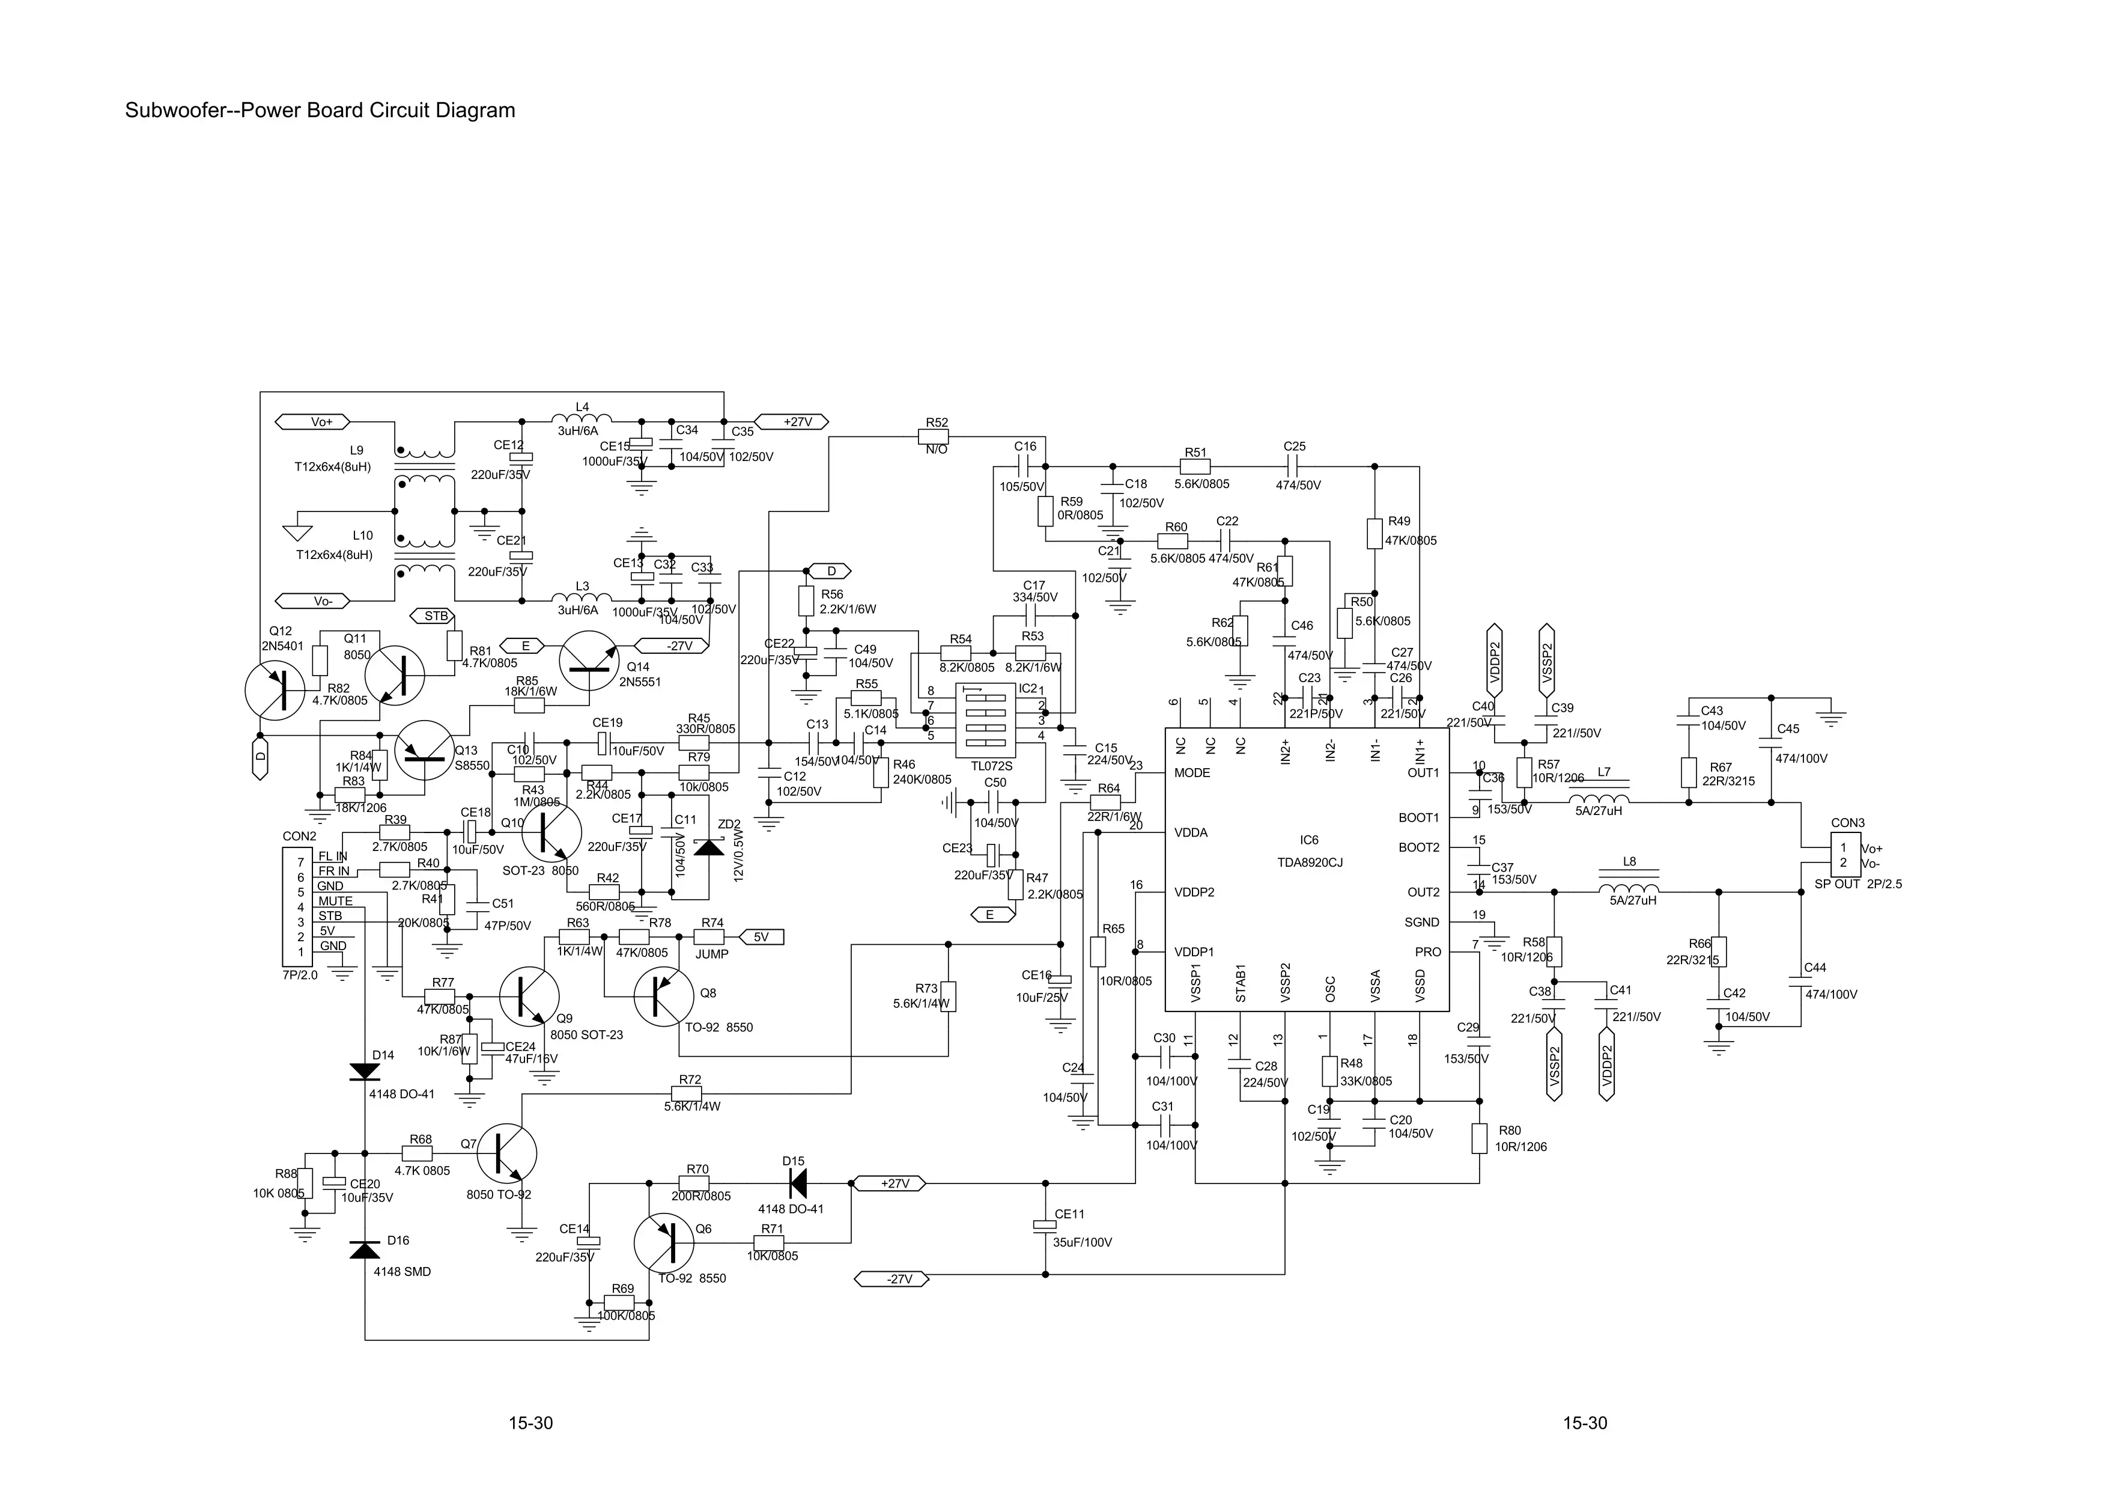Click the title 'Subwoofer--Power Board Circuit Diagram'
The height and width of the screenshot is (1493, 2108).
320,111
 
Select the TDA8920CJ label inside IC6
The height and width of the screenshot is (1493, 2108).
1310,863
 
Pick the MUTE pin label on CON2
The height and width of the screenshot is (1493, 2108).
335,901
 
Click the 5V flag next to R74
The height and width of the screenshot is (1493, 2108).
762,937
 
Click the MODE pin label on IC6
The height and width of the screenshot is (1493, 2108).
1192,773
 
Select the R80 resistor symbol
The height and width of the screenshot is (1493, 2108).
1478,1138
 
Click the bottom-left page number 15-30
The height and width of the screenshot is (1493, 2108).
531,1423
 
